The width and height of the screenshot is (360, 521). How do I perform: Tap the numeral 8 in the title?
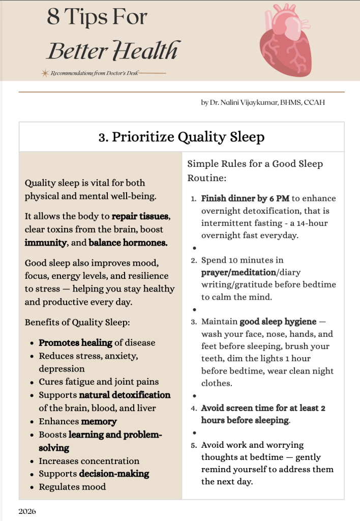point(53,17)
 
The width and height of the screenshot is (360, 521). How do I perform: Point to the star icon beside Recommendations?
point(45,73)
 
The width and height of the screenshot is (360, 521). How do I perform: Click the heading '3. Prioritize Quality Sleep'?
point(182,137)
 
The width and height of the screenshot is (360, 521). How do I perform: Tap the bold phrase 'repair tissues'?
point(141,216)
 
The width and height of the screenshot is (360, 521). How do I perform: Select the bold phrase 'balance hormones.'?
point(128,243)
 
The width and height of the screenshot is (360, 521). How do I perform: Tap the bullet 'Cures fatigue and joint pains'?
point(99,382)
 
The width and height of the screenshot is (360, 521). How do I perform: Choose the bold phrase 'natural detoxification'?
point(125,395)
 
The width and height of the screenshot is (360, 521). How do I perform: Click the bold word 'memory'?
point(99,421)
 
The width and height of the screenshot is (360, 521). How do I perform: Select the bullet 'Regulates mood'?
point(72,487)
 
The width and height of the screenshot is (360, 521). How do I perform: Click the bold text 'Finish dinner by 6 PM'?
point(245,198)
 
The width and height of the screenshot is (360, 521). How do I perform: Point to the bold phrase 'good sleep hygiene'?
point(278,322)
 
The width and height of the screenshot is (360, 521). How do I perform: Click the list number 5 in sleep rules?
point(194,445)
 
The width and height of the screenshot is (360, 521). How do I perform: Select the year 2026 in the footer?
point(27,511)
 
